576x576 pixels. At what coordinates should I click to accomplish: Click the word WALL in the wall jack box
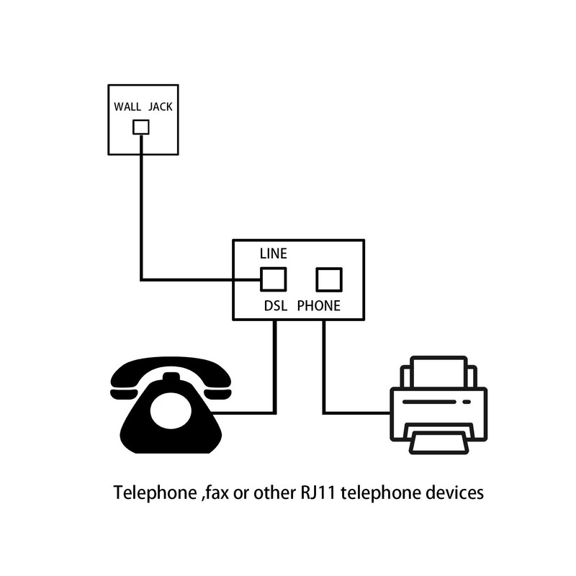[x=127, y=107]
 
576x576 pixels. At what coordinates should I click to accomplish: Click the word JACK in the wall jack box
[x=161, y=107]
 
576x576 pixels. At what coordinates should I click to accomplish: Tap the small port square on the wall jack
[x=141, y=127]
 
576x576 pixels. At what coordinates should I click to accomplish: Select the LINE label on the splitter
[x=274, y=253]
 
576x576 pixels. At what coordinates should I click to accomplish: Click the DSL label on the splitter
[x=276, y=305]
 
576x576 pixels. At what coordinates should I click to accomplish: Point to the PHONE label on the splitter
[x=319, y=305]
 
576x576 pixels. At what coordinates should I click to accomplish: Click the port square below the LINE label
[x=274, y=279]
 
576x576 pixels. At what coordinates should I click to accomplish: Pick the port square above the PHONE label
[x=329, y=279]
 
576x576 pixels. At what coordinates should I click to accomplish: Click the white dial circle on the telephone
[x=171, y=410]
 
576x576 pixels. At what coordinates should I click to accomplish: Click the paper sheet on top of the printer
[x=438, y=372]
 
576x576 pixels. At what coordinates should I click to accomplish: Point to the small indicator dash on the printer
[x=467, y=402]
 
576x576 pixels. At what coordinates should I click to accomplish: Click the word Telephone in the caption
[x=156, y=492]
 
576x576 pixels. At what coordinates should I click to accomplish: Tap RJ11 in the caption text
[x=318, y=492]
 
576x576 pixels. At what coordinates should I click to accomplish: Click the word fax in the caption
[x=217, y=492]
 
